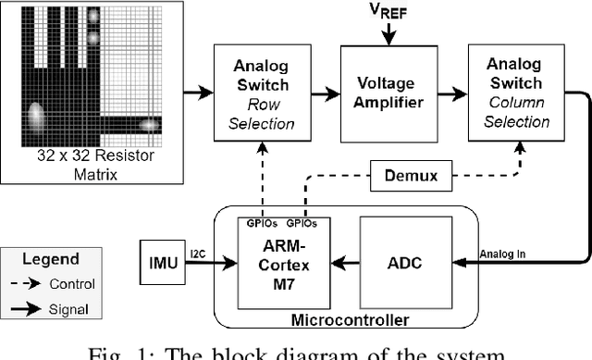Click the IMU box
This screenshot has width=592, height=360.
click(x=163, y=263)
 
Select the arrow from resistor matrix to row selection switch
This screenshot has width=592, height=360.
click(x=197, y=92)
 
